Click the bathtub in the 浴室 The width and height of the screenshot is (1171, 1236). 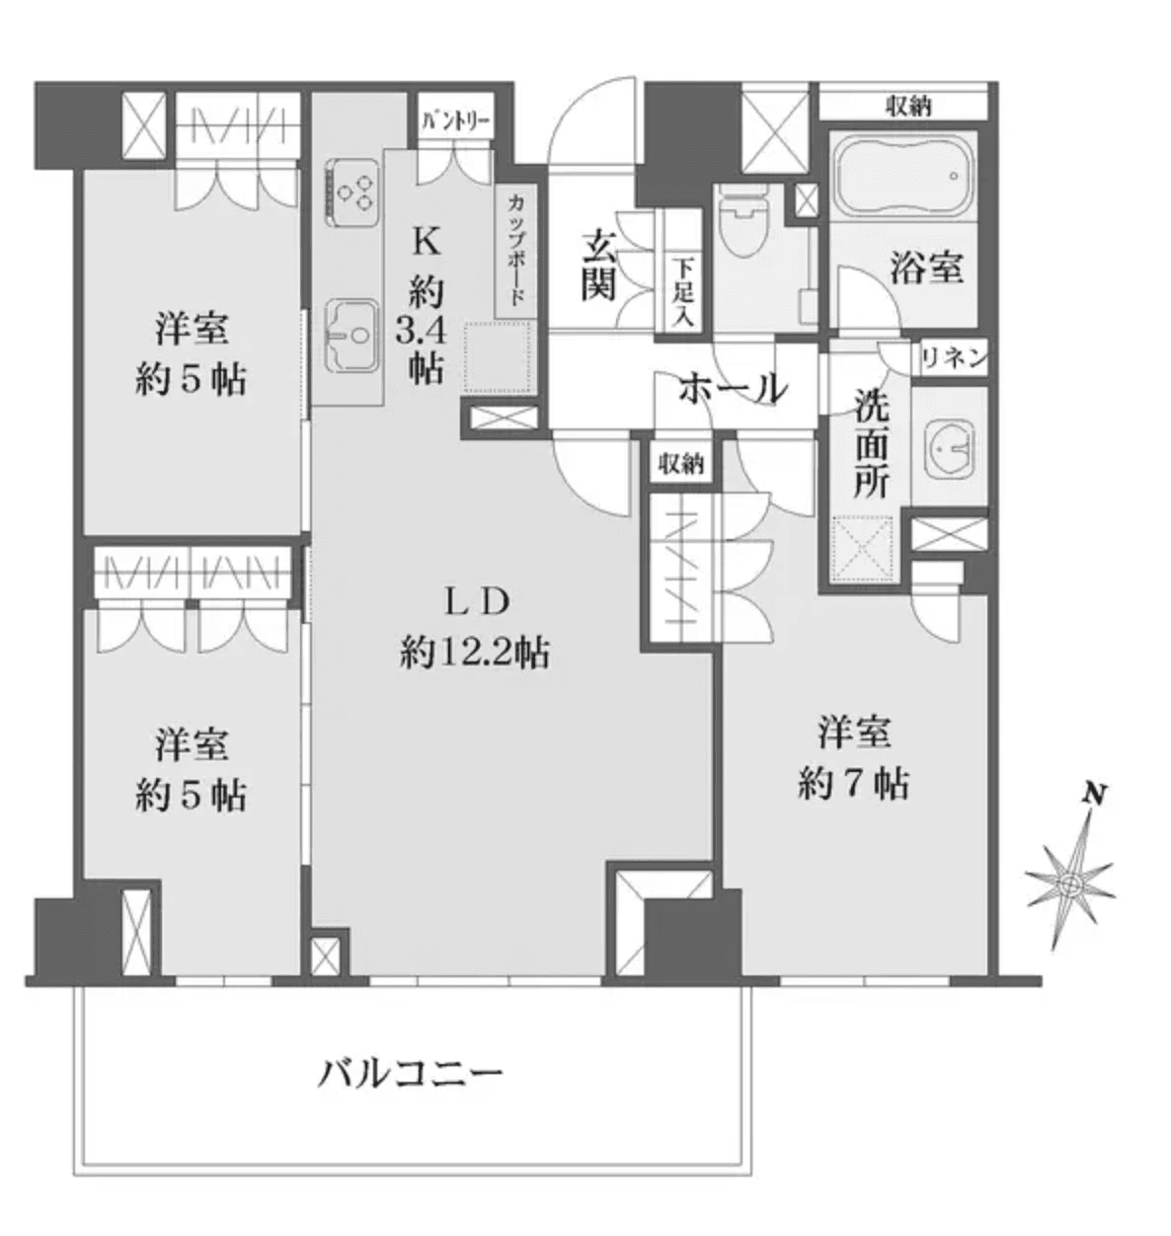pos(901,175)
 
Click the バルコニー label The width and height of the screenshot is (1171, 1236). pos(410,1074)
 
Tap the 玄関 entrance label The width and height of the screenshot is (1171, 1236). pos(598,265)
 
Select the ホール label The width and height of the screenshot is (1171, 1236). pos(733,389)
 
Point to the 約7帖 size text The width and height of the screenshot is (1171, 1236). pos(854,784)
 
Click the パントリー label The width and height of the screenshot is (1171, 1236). pos(454,122)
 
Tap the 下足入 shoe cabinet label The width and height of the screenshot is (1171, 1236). pos(682,292)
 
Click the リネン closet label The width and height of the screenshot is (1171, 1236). pos(954,359)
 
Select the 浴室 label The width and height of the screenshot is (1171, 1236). pos(926,268)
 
